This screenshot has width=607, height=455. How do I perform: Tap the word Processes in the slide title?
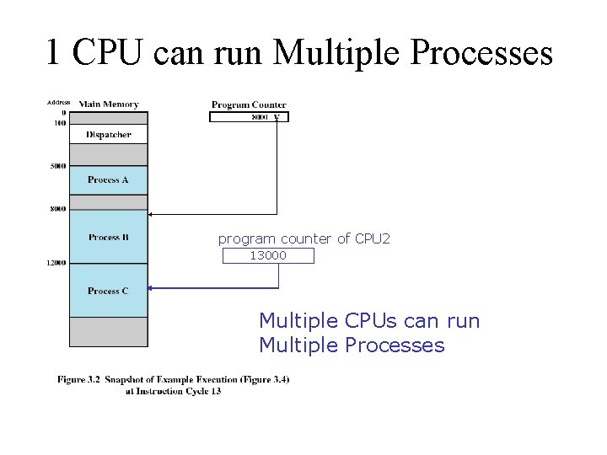(x=484, y=52)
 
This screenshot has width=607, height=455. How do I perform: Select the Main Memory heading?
(x=109, y=104)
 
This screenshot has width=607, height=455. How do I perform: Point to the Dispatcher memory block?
(x=108, y=134)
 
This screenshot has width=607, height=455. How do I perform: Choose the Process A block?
(x=108, y=179)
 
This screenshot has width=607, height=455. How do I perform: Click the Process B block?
(x=108, y=238)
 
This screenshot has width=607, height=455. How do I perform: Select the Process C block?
(x=108, y=291)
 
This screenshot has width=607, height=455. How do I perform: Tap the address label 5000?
(x=57, y=166)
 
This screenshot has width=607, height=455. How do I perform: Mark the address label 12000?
(x=56, y=263)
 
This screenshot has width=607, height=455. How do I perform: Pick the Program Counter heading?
(x=249, y=105)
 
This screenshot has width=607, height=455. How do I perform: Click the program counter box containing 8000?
(x=249, y=117)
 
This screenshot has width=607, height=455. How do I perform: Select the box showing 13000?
(x=268, y=255)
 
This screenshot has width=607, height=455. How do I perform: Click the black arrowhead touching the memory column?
(x=152, y=212)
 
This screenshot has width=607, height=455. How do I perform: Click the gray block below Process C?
(x=108, y=331)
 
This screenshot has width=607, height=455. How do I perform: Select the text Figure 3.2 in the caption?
(x=79, y=380)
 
